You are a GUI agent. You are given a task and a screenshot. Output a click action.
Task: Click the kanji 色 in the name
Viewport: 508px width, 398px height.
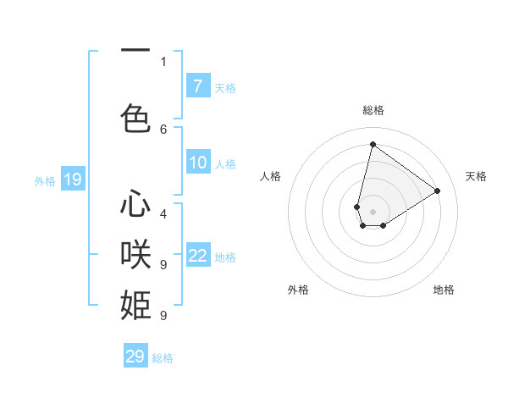click(x=135, y=117)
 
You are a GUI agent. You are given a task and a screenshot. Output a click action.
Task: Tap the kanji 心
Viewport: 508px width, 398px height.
click(x=135, y=204)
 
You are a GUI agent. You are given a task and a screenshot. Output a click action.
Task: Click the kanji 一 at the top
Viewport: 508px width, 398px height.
click(x=135, y=50)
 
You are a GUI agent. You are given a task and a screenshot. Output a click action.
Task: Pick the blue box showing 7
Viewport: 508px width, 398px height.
click(x=198, y=86)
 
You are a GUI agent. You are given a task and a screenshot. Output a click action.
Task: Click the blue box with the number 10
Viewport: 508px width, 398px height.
click(x=198, y=163)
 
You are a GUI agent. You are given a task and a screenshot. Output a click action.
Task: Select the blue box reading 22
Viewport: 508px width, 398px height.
click(x=198, y=256)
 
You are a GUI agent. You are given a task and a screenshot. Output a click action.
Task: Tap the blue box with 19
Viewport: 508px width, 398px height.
click(x=73, y=180)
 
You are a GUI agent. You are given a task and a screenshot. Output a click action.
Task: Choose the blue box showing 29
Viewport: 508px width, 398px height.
click(x=135, y=357)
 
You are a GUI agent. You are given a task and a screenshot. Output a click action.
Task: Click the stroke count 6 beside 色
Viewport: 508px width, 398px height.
click(x=163, y=129)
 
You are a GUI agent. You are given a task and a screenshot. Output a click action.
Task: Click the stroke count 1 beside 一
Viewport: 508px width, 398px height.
click(x=163, y=61)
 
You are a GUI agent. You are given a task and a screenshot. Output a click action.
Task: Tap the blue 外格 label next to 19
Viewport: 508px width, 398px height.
click(x=45, y=180)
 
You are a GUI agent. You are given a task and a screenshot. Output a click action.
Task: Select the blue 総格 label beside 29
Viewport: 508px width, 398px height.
click(x=163, y=358)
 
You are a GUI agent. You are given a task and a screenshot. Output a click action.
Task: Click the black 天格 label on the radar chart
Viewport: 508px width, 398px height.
click(x=476, y=176)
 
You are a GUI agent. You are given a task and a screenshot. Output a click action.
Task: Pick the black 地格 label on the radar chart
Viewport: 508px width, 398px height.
click(x=444, y=290)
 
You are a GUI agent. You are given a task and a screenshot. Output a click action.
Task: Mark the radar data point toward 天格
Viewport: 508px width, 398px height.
click(x=437, y=191)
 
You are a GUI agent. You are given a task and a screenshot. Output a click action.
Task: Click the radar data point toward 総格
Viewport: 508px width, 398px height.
click(x=373, y=144)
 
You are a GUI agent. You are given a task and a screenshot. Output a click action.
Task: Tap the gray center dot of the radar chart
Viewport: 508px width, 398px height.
click(x=373, y=212)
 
